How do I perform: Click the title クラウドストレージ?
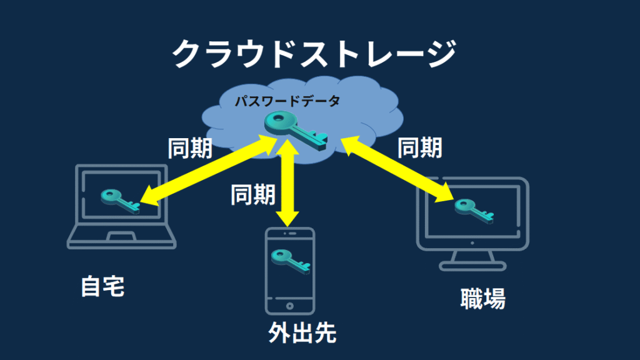coord(314,54)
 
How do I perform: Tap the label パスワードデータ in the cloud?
coord(287,101)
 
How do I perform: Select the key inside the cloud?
coord(296,130)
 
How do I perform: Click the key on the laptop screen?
coord(120,201)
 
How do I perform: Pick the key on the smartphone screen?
coord(291,262)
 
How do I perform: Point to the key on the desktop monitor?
coord(474,211)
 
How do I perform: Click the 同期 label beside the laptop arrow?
coord(190,148)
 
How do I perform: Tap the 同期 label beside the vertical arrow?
coord(253,194)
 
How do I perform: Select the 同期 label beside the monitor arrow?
coord(419,147)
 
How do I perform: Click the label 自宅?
coord(102,286)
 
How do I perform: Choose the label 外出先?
coord(302,333)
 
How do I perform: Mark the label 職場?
coord(483,298)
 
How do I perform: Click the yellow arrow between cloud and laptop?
coord(209,170)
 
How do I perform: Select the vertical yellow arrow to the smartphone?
coord(287,182)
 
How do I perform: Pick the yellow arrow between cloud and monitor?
coord(397,169)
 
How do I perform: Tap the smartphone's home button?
coord(290,306)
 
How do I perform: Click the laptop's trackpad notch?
coord(121,236)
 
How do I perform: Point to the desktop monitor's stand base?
coord(472,267)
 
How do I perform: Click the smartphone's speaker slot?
coord(292,234)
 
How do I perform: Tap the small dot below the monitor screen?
coord(472,243)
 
